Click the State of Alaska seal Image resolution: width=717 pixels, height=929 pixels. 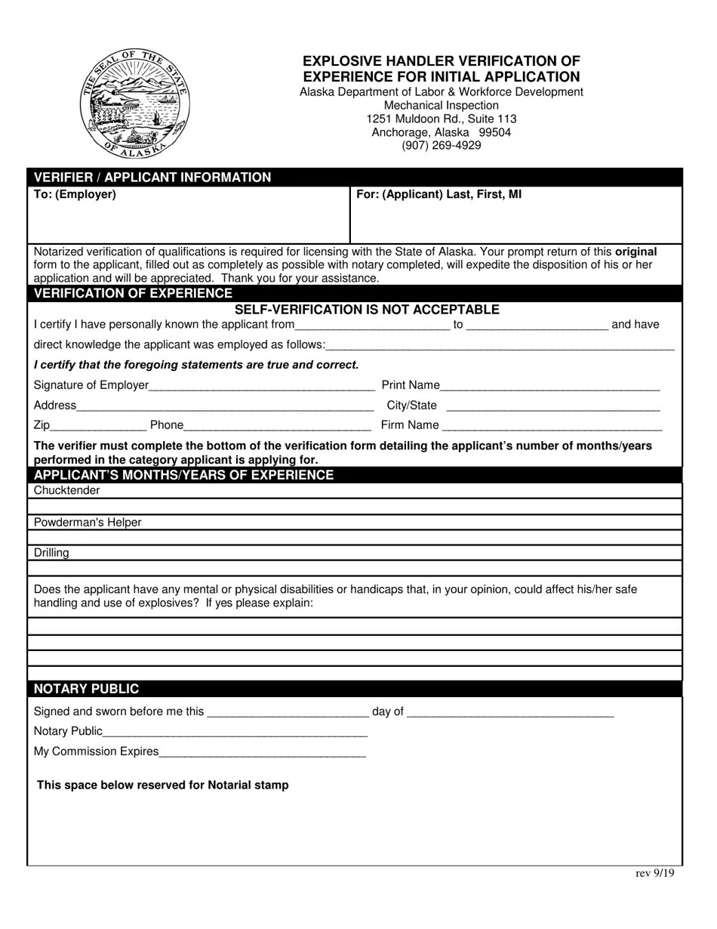[x=135, y=103]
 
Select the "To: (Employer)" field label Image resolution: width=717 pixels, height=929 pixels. [x=75, y=194]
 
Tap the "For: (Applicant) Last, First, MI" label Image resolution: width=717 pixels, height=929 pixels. [x=439, y=194]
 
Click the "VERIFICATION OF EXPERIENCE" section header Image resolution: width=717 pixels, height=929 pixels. [x=133, y=293]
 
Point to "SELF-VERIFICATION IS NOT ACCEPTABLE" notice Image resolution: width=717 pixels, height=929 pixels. [x=367, y=310]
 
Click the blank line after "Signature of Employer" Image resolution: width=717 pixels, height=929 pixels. [x=261, y=386]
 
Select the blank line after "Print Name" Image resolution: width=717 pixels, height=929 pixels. [x=549, y=386]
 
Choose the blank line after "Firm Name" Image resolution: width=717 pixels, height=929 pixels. [x=552, y=426]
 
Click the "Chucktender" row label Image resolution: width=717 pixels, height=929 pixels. [x=66, y=491]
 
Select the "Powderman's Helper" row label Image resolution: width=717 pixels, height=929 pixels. [x=88, y=523]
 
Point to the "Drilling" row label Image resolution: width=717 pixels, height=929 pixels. [x=51, y=553]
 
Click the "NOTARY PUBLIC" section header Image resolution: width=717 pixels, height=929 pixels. [x=86, y=689]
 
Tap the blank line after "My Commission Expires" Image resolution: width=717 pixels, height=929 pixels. [x=262, y=752]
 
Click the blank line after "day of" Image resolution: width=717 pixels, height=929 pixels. [x=510, y=712]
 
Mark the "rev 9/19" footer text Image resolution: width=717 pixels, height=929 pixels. [x=654, y=873]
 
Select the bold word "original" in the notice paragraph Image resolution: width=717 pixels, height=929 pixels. [x=636, y=252]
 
